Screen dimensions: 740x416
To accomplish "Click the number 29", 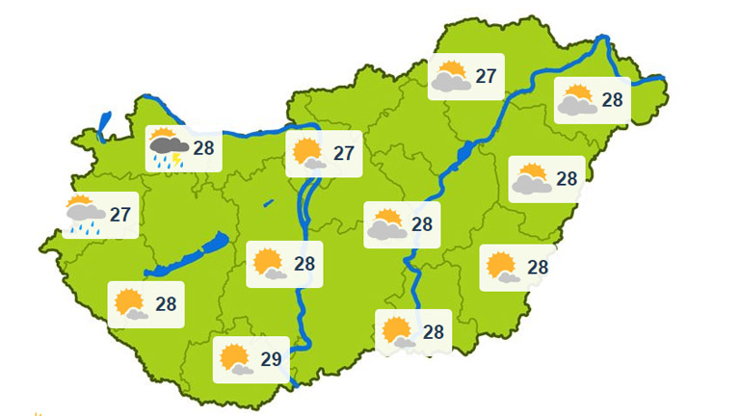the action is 271,360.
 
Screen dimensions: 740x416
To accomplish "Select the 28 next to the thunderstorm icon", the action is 203,148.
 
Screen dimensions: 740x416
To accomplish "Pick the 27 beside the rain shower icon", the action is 119,214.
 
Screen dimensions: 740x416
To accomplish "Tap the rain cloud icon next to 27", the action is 85,211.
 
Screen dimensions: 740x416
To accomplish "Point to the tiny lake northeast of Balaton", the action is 268,203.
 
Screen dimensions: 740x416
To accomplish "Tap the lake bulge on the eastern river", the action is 461,153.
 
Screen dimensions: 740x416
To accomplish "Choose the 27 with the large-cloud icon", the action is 486,76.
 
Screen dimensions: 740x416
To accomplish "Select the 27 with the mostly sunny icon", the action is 344,153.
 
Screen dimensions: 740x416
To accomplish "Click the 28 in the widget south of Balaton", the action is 166,304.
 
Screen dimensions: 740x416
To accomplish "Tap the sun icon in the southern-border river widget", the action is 396,331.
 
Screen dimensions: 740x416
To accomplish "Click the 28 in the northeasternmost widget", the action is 612,100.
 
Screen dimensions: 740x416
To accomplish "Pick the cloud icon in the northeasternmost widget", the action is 575,104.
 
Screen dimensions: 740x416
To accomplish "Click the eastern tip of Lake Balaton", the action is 224,237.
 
